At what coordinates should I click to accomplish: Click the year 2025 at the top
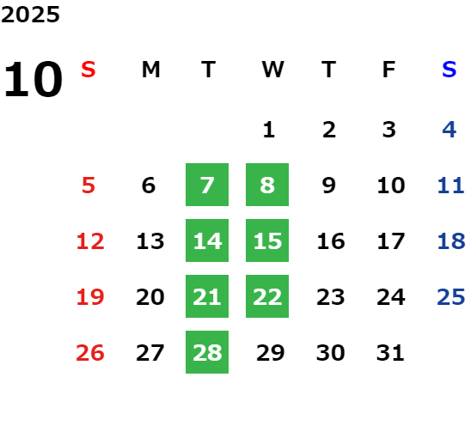click(x=30, y=15)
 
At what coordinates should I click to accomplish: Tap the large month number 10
click(x=33, y=79)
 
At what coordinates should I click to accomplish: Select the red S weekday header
click(x=89, y=70)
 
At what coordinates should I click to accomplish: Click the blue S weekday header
click(x=449, y=70)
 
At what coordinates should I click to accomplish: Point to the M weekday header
click(x=150, y=70)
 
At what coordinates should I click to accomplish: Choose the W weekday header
click(x=272, y=70)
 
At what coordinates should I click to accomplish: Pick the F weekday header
click(x=389, y=70)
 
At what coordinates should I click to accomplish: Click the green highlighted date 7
click(x=207, y=185)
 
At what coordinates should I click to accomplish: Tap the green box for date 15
click(x=267, y=240)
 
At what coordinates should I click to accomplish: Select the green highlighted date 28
click(x=207, y=352)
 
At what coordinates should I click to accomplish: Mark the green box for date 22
click(x=267, y=296)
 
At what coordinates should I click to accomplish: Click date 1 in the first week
click(x=269, y=130)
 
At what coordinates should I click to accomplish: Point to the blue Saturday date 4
click(x=450, y=130)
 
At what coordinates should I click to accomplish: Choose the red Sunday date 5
click(x=89, y=185)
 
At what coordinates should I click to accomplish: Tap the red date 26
click(x=90, y=352)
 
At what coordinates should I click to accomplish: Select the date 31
click(x=390, y=352)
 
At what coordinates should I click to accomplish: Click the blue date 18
click(x=451, y=240)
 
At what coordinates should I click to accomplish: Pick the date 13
click(x=150, y=240)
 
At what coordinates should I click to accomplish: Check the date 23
click(x=330, y=296)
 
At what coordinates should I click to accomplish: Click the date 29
click(x=271, y=352)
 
